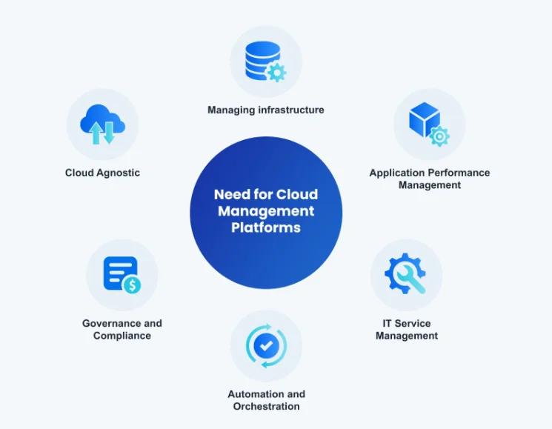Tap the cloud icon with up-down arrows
coord(102,123)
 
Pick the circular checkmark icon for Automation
coord(265,345)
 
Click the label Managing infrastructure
coord(265,110)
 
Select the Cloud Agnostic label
coord(102,173)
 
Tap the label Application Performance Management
coord(429,179)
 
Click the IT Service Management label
coord(406,330)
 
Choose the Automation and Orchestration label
coord(266,400)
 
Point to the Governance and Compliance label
coord(122,330)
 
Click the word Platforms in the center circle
coord(265,227)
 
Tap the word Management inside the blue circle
coord(265,211)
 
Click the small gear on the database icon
coord(276,73)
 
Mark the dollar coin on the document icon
coord(132,285)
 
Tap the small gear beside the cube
coord(439,136)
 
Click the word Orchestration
coord(266,406)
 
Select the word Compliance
coord(122,336)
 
